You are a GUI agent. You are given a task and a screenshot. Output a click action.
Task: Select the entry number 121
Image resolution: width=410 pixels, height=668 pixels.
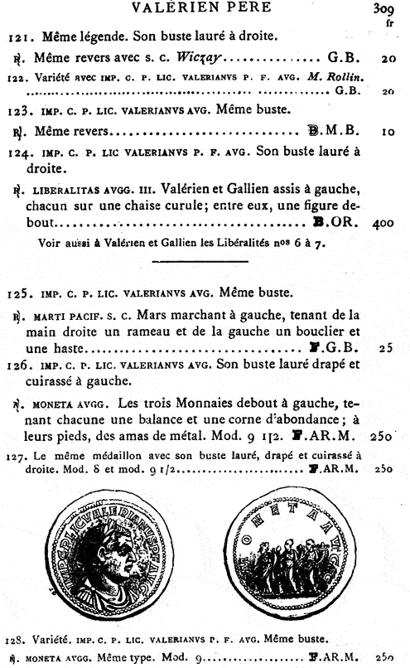point(20,37)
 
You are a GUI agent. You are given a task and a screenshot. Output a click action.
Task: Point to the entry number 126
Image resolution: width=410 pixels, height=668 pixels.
point(20,367)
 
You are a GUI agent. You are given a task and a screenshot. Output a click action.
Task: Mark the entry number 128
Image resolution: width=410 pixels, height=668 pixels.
point(16,639)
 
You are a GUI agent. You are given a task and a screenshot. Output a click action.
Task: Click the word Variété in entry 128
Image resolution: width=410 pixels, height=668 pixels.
point(51,639)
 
